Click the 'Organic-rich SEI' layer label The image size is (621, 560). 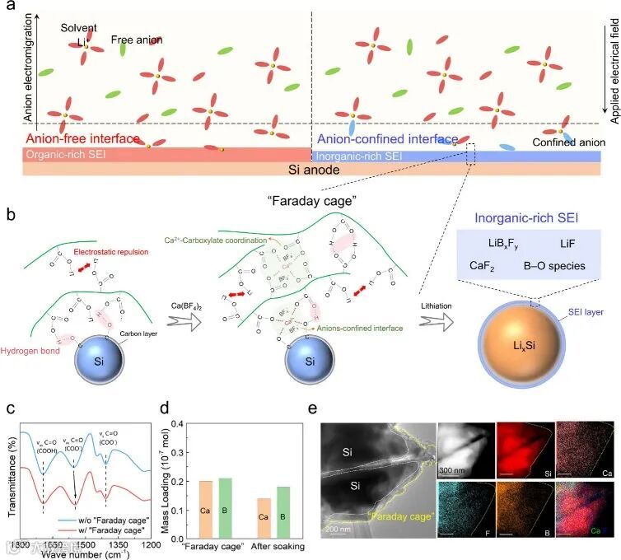click(67, 154)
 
